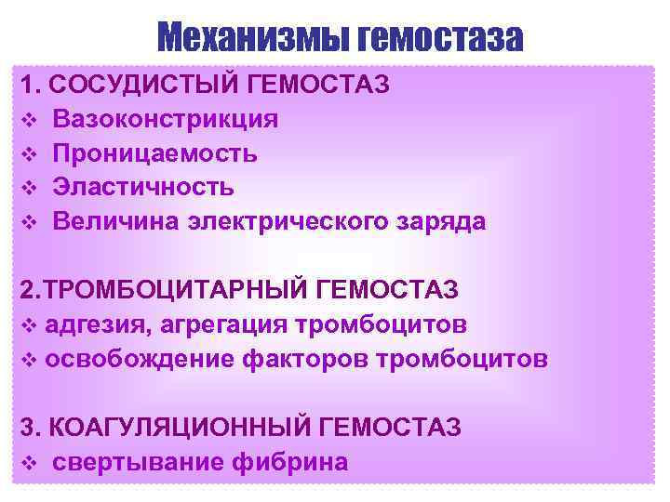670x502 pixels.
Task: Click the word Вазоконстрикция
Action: [x=165, y=119]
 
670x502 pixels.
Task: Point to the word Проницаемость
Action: [x=155, y=153]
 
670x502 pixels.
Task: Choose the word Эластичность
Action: [x=143, y=187]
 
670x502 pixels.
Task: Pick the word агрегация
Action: [x=221, y=324]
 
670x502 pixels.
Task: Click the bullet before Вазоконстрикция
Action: [x=27, y=120]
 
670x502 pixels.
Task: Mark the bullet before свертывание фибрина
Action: [x=27, y=462]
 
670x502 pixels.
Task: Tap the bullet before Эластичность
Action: [x=27, y=188]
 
